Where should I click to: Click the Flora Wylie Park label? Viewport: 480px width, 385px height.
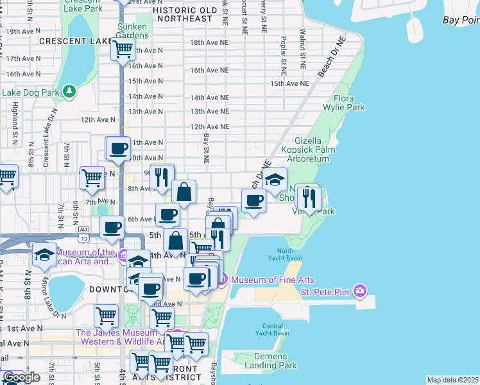tap(350, 103)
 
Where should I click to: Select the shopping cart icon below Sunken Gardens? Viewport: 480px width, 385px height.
tap(122, 49)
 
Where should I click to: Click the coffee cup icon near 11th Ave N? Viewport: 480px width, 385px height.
tap(118, 149)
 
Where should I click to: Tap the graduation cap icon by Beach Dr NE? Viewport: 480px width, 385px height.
tap(275, 180)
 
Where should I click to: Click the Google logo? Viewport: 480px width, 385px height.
tap(21, 377)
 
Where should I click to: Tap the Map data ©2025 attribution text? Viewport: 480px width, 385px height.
tap(452, 380)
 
